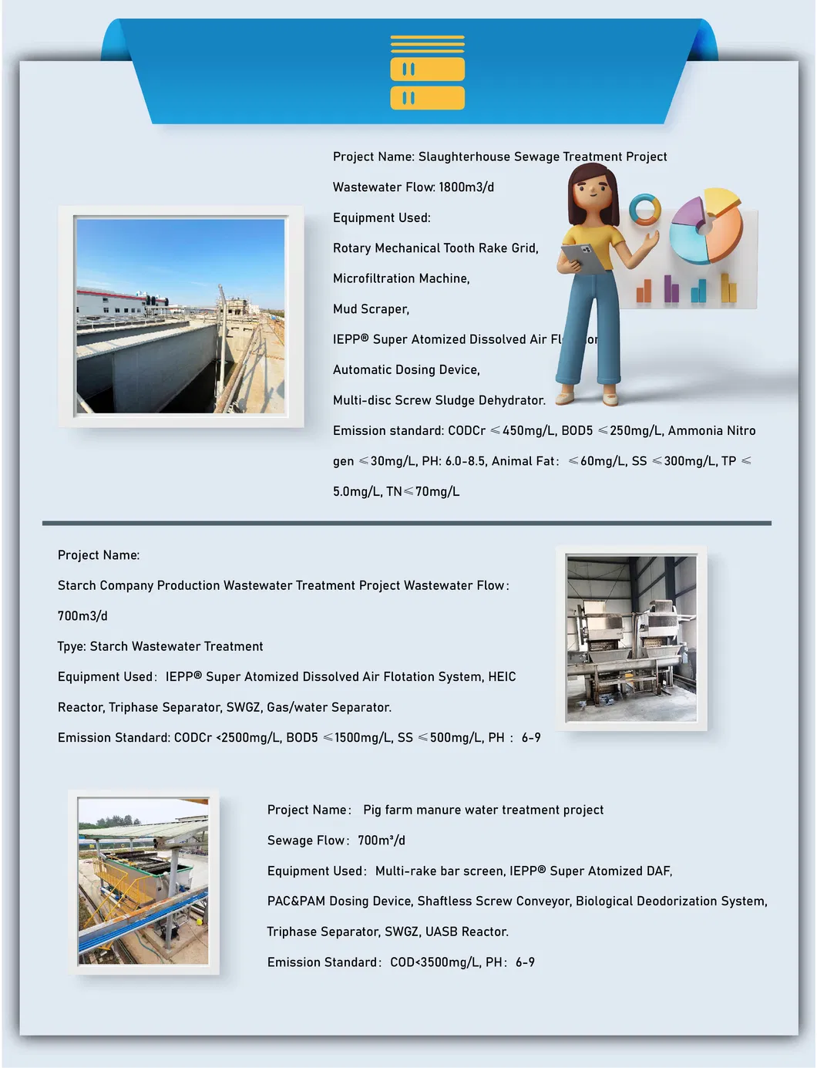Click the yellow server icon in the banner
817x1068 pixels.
pos(427,72)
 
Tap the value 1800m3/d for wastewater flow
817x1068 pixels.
pos(466,187)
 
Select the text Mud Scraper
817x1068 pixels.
pos(371,309)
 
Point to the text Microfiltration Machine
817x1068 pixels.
pos(401,278)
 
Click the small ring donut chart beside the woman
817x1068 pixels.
pos(644,209)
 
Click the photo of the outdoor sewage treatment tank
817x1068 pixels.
pos(180,316)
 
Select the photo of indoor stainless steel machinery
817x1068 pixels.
pos(631,638)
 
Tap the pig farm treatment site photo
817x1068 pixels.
pos(143,881)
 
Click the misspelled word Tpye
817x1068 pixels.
pos(71,646)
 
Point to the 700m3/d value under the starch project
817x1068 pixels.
pos(82,616)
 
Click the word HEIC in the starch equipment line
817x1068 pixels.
pos(502,677)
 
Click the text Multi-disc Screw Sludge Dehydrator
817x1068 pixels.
pos(439,400)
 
